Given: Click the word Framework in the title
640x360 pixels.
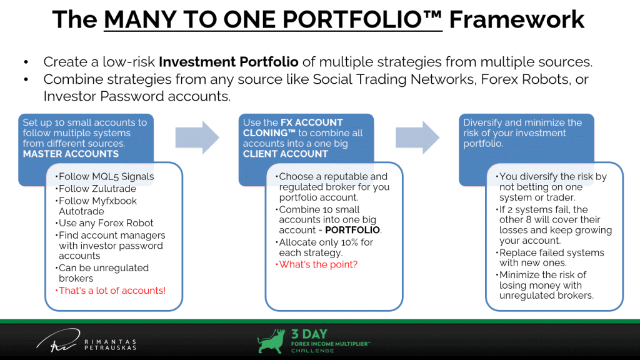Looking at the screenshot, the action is point(517,19).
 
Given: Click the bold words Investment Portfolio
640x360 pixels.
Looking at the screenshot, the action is point(229,62).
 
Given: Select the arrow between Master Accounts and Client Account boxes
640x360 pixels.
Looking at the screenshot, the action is point(197,137).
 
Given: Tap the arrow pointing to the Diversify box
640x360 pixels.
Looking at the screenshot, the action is point(417,137).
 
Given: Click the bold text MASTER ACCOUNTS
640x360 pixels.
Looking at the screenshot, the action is point(71,154).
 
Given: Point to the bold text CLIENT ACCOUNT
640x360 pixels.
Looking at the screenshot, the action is point(285,154).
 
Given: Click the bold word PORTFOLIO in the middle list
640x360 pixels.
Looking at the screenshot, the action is point(352,230).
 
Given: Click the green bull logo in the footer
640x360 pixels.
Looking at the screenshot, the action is point(271,341).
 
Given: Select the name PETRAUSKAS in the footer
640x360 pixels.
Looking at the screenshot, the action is point(110,347).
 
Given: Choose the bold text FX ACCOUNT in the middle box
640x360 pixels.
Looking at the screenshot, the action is point(311,122).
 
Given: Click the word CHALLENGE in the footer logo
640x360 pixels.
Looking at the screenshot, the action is point(312,351).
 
